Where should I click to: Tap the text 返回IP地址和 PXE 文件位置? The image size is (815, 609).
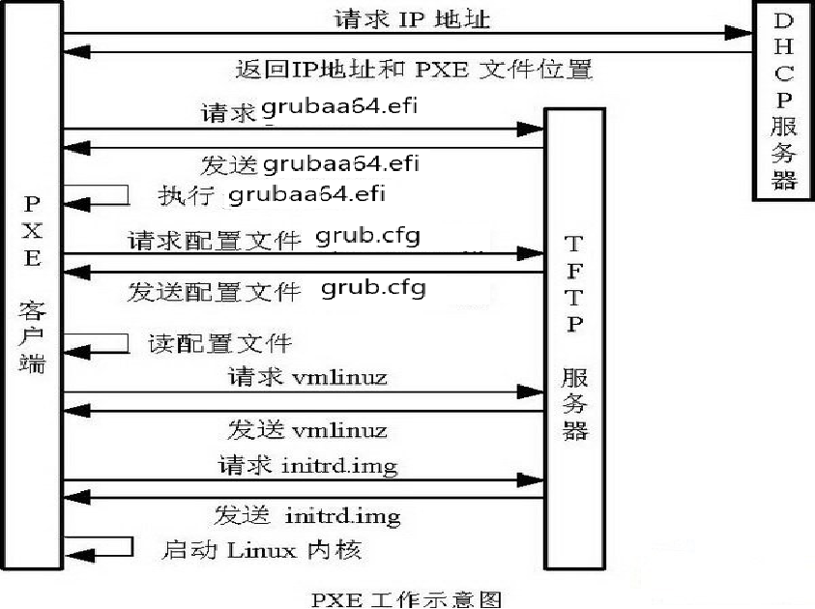pos(414,70)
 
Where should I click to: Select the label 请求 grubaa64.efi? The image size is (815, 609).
pos(309,111)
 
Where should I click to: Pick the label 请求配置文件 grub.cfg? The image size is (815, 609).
pos(274,239)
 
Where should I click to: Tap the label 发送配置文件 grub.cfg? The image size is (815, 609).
pos(277,289)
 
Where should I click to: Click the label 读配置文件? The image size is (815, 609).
pos(219,343)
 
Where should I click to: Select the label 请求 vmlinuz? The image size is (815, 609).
pos(307,377)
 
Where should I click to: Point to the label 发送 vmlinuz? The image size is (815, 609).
pos(307,429)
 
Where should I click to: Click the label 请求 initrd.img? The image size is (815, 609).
pos(308,466)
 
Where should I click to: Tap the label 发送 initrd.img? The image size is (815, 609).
pos(307,516)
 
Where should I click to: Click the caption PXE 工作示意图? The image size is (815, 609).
pos(406,599)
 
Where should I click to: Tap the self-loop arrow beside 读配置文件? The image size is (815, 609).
pos(97,343)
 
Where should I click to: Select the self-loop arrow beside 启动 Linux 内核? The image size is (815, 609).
pos(97,548)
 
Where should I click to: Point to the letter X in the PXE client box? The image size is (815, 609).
pos(32,230)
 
